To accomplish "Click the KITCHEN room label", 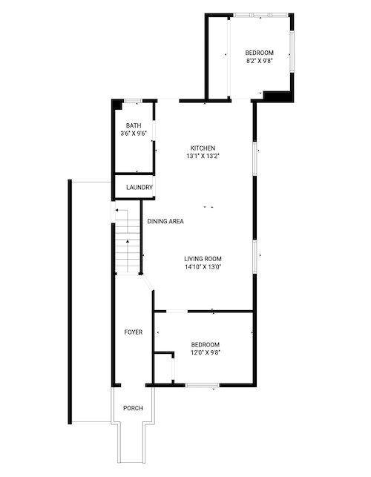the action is [x=203, y=148].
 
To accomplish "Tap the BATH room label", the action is [x=134, y=125].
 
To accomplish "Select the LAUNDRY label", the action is [x=139, y=188].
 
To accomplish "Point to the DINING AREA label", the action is [x=165, y=221].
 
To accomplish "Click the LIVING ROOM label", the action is [x=203, y=259].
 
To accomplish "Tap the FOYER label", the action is [x=134, y=332].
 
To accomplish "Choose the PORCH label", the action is [x=133, y=408].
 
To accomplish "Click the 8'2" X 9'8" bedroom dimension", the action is [x=259, y=61].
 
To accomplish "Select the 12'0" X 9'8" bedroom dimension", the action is [x=206, y=352].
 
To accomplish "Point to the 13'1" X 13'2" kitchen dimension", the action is [x=203, y=156].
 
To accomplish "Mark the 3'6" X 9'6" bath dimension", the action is [x=134, y=134].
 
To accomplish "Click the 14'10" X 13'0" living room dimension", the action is [x=203, y=267].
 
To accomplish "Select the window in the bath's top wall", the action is [x=134, y=101].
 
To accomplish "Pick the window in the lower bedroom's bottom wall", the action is [x=203, y=385].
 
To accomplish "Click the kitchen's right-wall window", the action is [x=255, y=158].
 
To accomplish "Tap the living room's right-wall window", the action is [x=255, y=257].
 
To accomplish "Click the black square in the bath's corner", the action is [x=117, y=105].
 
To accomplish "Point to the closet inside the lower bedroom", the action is [x=164, y=367].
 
